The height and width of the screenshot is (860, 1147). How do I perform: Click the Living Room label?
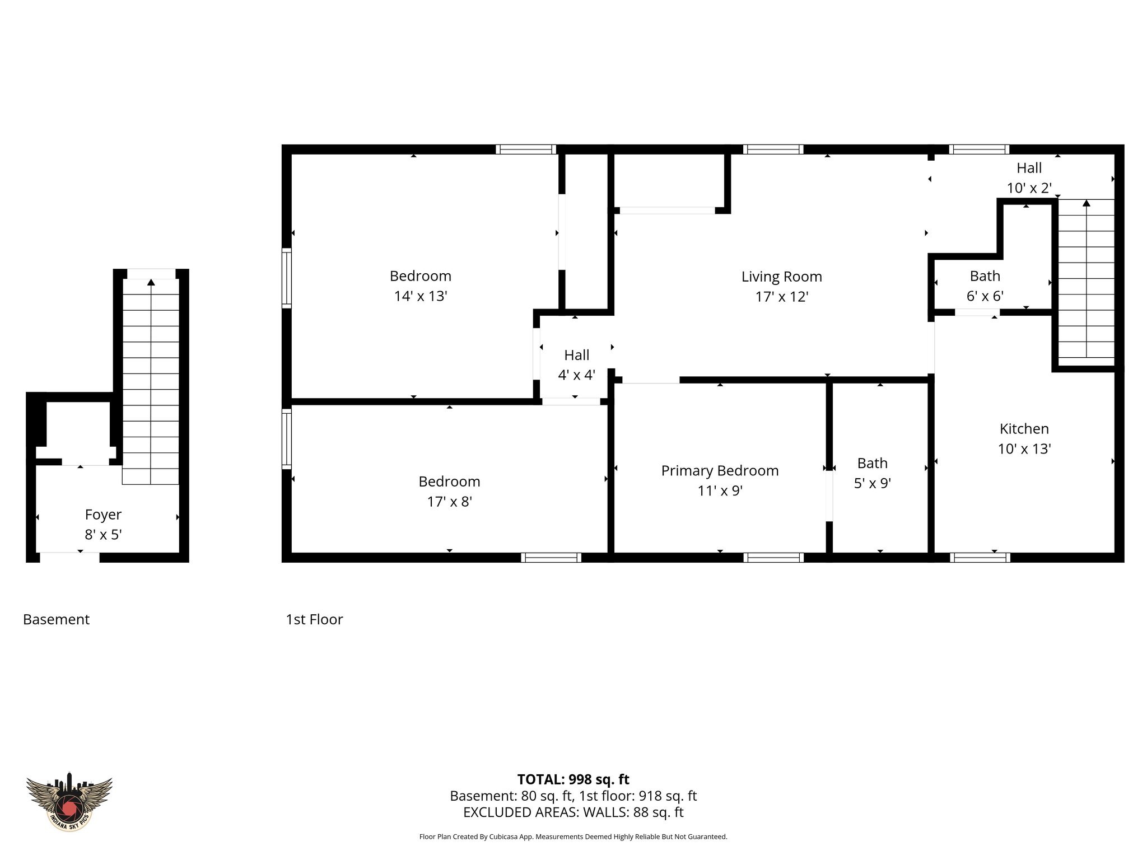(781, 277)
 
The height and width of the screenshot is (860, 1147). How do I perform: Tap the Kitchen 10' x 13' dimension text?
(1024, 449)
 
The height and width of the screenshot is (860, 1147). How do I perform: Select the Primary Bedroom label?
(720, 471)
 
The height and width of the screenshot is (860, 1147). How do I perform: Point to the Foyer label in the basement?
(103, 515)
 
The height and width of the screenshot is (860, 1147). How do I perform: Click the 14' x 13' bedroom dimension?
(420, 296)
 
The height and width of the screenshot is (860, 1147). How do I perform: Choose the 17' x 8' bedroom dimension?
(449, 502)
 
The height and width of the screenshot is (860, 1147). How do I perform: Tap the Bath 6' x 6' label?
(985, 286)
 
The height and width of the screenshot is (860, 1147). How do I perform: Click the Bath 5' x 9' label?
(872, 473)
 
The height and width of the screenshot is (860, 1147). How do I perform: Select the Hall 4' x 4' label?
(576, 365)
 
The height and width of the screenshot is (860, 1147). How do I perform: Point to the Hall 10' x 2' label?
(1029, 178)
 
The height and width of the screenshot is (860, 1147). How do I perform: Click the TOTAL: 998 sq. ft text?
(573, 779)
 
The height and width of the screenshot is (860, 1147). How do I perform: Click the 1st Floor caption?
(314, 619)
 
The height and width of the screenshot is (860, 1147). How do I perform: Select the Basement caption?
(56, 619)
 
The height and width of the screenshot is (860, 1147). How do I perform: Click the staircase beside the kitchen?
(1085, 280)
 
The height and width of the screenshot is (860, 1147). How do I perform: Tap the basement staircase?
(151, 381)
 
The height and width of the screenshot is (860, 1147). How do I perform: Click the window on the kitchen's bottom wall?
(980, 557)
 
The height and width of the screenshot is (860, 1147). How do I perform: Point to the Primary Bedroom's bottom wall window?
(773, 557)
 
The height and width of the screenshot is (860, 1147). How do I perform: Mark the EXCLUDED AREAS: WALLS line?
(573, 812)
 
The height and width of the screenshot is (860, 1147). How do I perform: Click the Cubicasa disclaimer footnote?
(573, 837)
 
